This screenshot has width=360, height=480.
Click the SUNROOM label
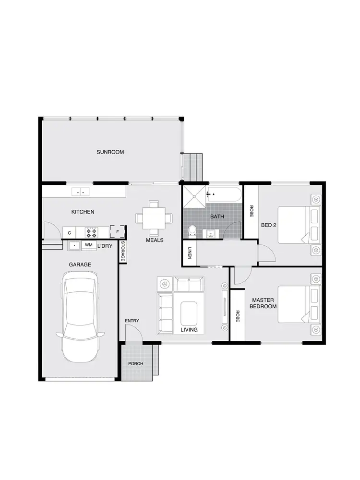tap(110, 152)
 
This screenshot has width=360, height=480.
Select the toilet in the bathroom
tap(192, 232)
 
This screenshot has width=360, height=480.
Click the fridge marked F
tap(118, 232)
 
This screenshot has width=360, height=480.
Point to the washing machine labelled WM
tap(88, 245)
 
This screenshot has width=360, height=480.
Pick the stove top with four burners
tap(91, 233)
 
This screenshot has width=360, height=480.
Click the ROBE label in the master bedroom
tap(237, 316)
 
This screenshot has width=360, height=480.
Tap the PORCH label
tap(136, 363)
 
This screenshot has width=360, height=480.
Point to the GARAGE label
tap(80, 264)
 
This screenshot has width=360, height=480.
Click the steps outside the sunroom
tap(194, 165)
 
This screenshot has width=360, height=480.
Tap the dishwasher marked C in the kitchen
tap(70, 233)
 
